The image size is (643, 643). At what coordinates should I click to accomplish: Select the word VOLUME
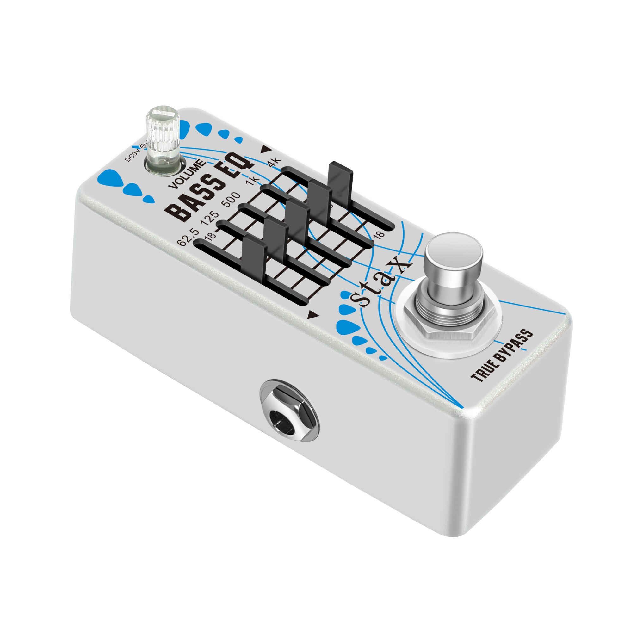click(187, 174)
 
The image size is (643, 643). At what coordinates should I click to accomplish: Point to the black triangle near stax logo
click(312, 314)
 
